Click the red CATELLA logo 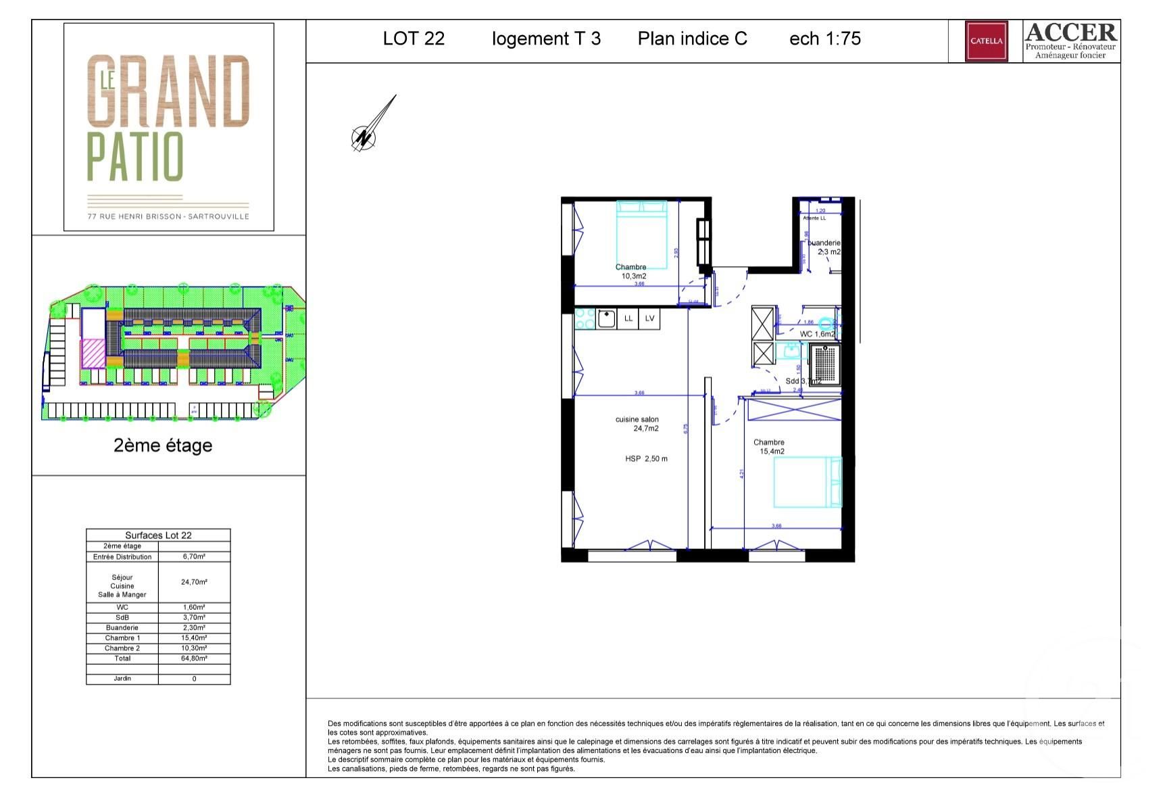click(x=986, y=41)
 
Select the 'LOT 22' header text click(x=414, y=39)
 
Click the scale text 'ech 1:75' click(x=824, y=39)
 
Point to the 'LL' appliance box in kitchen click(x=628, y=318)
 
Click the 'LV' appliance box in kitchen click(x=649, y=318)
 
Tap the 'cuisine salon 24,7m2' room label click(x=637, y=424)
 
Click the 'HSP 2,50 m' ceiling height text click(x=646, y=459)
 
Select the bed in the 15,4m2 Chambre click(x=807, y=482)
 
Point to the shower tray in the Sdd click(x=825, y=364)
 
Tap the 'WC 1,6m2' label click(x=816, y=334)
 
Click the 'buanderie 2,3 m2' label click(x=825, y=247)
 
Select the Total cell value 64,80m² click(x=194, y=658)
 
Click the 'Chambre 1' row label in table click(x=122, y=638)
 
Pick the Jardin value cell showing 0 click(x=194, y=679)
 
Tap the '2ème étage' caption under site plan click(x=163, y=445)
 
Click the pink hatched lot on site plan click(x=93, y=354)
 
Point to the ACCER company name click(x=1070, y=32)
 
